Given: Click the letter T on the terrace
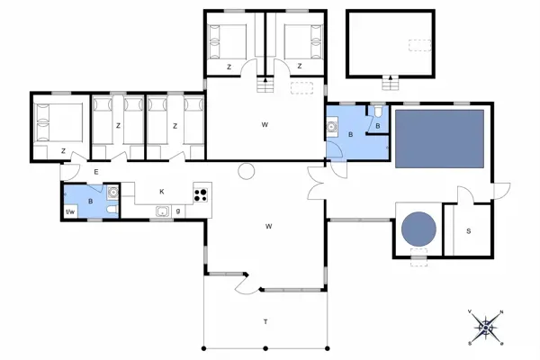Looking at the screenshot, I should click(x=265, y=322).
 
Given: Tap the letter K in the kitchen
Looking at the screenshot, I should click(x=162, y=192).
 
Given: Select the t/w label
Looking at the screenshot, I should click(x=71, y=211).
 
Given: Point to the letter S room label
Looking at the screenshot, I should click(x=468, y=231).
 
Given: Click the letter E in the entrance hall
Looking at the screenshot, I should click(x=95, y=171).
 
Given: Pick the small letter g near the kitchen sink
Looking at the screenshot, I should click(x=178, y=211).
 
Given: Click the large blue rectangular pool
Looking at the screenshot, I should click(x=441, y=139).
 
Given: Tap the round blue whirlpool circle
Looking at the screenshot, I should click(x=418, y=228).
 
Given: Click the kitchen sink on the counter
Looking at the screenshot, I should click(x=162, y=211).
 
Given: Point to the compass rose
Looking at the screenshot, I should click(x=486, y=327).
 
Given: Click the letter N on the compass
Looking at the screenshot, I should click(x=501, y=312).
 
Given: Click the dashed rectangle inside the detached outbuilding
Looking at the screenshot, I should click(x=418, y=44).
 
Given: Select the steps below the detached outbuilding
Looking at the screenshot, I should click(x=389, y=85).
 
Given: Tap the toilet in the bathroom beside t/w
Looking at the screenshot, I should click(x=109, y=210).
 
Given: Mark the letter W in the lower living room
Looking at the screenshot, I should click(x=268, y=226).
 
